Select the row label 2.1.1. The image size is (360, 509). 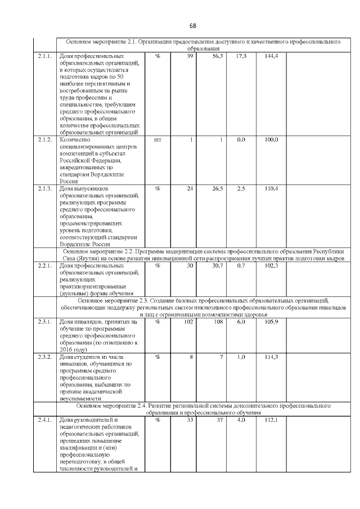pyautogui.click(x=45, y=57)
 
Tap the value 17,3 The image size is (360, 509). pyautogui.click(x=241, y=57)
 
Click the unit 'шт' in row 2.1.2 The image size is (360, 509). pyautogui.click(x=157, y=139)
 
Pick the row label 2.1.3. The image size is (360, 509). pyautogui.click(x=45, y=188)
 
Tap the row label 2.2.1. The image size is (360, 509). pyautogui.click(x=45, y=265)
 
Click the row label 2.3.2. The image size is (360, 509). pyautogui.click(x=45, y=357)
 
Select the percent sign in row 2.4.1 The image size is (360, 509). pyautogui.click(x=157, y=420)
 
